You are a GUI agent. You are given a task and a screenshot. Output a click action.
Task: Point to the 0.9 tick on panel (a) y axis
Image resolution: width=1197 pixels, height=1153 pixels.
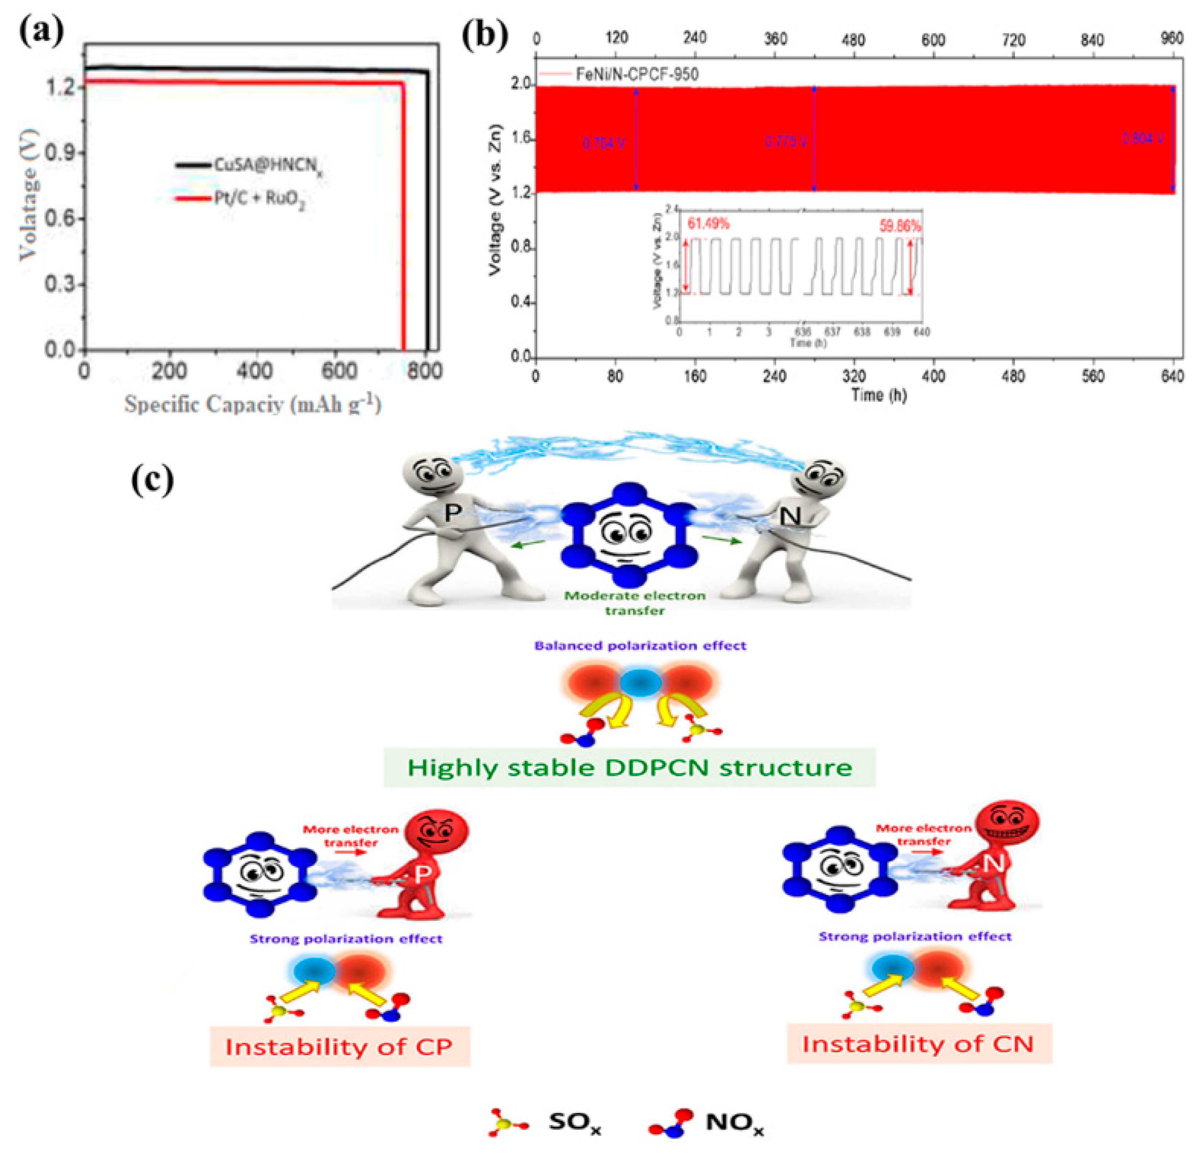61,153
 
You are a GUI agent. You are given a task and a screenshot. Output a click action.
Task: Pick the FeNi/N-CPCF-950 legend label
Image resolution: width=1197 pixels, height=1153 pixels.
637,75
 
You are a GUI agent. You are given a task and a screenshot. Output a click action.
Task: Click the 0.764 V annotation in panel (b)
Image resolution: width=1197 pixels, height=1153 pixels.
603,143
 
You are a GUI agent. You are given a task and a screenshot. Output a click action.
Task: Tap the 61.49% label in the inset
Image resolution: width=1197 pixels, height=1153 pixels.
708,224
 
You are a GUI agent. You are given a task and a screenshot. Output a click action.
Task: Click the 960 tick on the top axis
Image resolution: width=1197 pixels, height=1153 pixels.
1171,39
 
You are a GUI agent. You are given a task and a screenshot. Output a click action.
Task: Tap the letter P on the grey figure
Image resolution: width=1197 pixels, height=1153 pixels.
452,512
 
